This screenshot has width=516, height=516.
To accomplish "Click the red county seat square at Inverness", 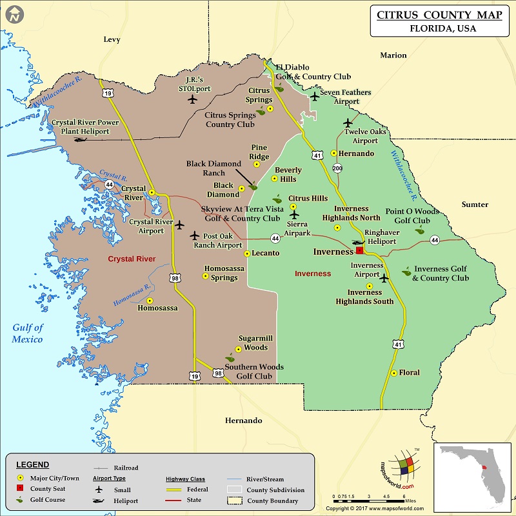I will click(360, 251).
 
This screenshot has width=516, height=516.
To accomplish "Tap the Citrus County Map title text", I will click(439, 15).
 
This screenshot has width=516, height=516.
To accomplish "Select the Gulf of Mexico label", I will click(27, 333).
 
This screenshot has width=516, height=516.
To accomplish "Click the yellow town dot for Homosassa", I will click(150, 301).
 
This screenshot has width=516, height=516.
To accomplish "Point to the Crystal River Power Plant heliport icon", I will click(80, 139).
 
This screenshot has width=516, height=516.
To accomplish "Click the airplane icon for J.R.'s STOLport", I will click(192, 99).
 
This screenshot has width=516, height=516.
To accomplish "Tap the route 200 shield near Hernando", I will click(337, 168).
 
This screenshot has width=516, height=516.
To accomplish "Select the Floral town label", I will click(409, 373).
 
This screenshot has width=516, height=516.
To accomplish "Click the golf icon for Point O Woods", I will click(420, 229).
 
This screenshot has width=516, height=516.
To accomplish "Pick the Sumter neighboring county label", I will click(475, 204).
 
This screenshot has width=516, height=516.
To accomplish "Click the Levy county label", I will click(112, 39).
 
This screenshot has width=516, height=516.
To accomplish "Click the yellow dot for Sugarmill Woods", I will click(238, 349).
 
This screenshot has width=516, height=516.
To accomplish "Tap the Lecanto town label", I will click(265, 253).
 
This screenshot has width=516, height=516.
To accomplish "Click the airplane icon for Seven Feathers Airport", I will click(314, 96).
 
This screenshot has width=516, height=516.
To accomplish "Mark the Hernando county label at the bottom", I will click(243, 421).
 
